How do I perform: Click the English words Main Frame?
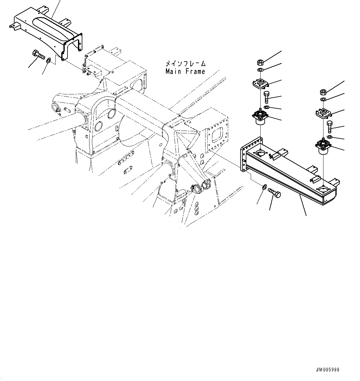[x=185, y=71]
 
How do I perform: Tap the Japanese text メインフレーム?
[x=185, y=64]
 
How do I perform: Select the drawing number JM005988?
[x=328, y=370]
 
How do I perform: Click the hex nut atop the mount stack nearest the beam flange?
[x=260, y=62]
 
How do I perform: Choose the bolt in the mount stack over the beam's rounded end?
[x=330, y=127]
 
